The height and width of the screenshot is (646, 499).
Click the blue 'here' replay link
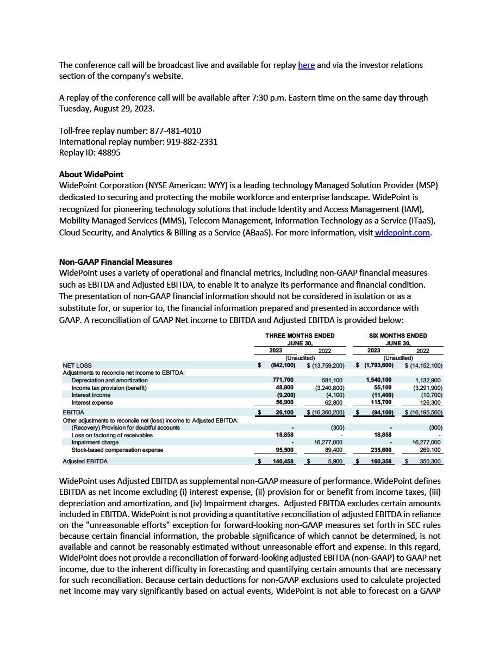[x=306, y=65]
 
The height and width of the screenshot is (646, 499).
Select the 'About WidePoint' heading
[x=91, y=175]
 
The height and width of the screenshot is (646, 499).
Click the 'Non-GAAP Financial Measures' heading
[x=115, y=262]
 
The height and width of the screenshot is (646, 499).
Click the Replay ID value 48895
[x=109, y=153]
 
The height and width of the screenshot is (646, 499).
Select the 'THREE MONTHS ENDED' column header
[x=300, y=336]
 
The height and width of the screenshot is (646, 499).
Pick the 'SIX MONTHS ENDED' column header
[x=398, y=336]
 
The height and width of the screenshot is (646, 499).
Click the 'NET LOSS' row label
[x=77, y=365]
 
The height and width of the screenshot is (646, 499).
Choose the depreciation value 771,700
[x=283, y=380]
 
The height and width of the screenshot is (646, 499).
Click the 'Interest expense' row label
[x=92, y=403]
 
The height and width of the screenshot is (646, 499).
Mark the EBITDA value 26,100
[x=284, y=413]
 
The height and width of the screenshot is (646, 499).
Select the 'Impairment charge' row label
[x=95, y=443]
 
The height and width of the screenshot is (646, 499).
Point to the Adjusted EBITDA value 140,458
[x=282, y=462]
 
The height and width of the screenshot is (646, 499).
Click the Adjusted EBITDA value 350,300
[x=431, y=462]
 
